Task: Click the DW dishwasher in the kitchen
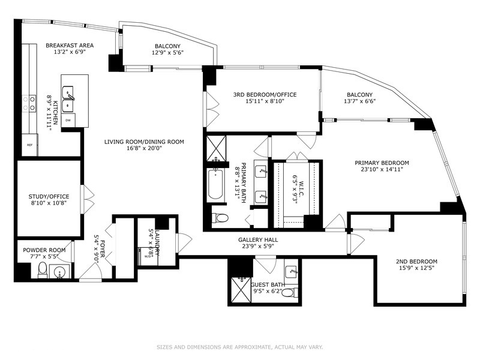click(x=68, y=121)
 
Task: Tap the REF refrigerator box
click(x=29, y=145)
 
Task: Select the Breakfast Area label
click(x=70, y=46)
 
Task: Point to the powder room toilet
click(x=42, y=269)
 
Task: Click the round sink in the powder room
click(x=59, y=272)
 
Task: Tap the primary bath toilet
click(x=220, y=218)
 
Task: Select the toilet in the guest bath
click(x=289, y=293)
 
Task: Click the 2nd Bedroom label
click(x=416, y=262)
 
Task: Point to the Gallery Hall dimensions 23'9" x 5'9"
click(x=258, y=246)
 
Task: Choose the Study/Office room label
click(x=49, y=197)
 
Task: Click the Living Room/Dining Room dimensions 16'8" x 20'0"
click(x=144, y=148)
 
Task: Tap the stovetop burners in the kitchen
click(x=29, y=103)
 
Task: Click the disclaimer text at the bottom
click(x=239, y=347)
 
